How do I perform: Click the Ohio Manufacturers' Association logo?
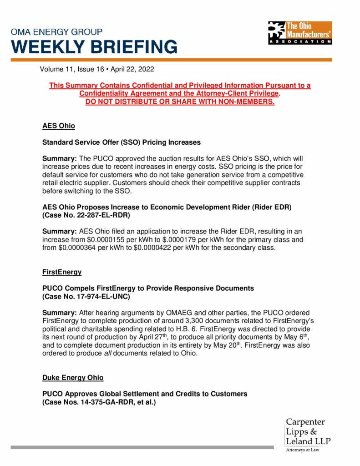300,32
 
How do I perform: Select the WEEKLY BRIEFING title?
94,47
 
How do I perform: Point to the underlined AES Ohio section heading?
58,126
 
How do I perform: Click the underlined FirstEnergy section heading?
62,272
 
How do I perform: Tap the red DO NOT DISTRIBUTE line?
180,101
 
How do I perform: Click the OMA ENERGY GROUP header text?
56,32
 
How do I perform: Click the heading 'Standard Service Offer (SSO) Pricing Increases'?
121,142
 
